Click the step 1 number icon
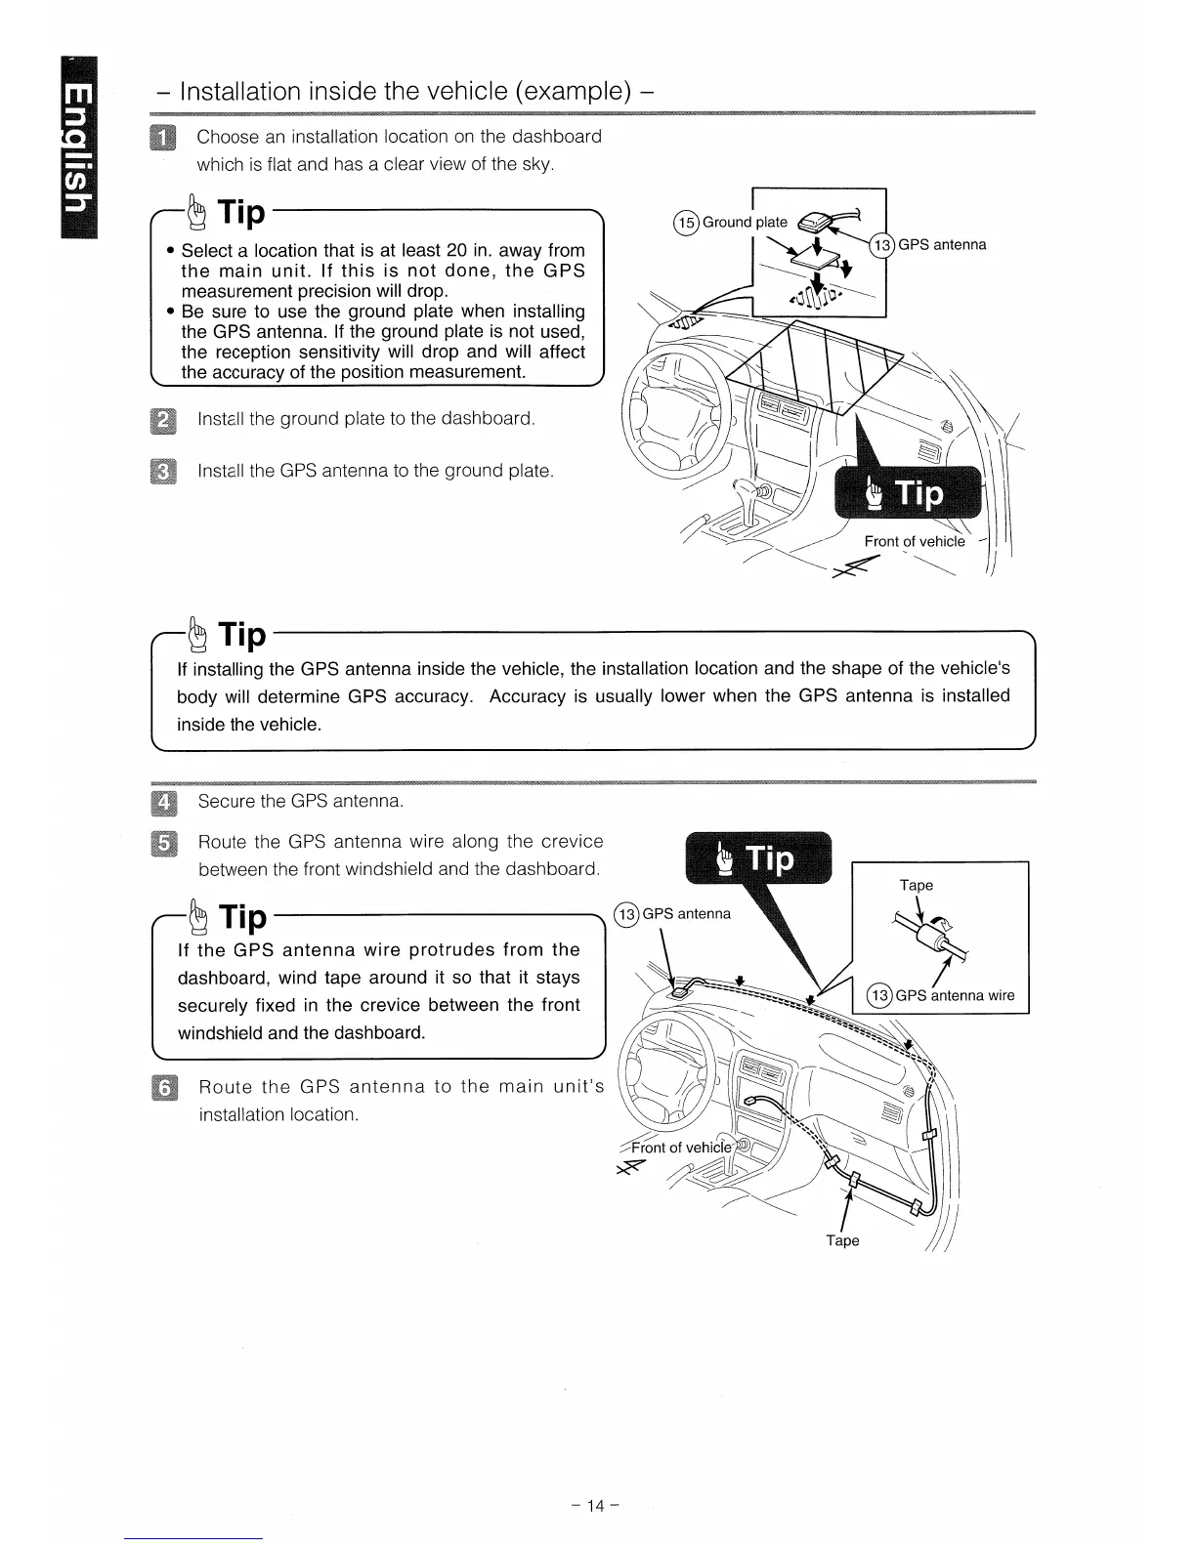pos(159,138)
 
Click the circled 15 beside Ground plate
pos(686,223)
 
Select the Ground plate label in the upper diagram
pos(745,223)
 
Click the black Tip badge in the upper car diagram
pos(907,495)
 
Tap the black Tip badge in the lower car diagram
pos(758,857)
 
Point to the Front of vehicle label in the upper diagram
pos(914,541)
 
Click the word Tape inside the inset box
pos(916,885)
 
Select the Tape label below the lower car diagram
pos(842,1240)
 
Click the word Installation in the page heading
pos(240,92)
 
